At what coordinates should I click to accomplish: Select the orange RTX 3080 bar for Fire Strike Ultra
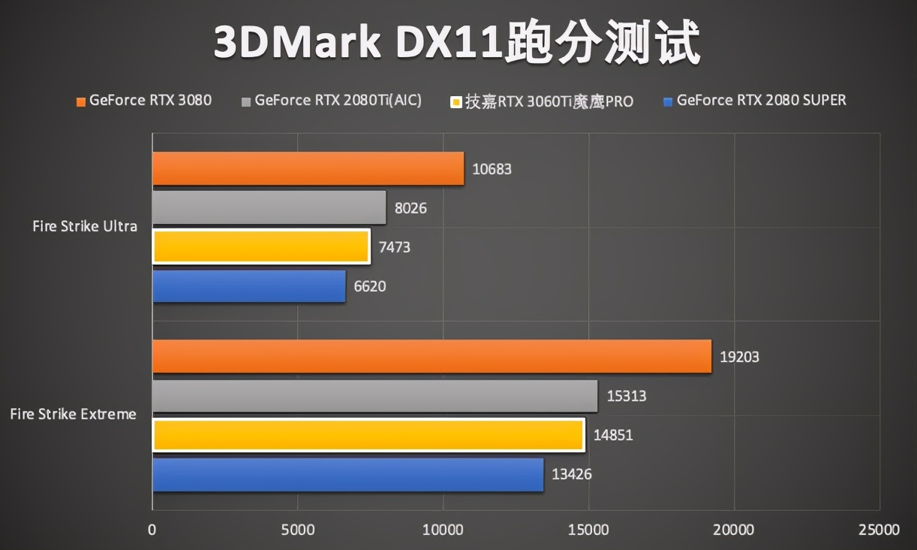[x=308, y=169]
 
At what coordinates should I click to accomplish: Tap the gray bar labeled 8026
[x=269, y=207]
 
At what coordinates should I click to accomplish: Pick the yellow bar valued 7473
[x=261, y=246]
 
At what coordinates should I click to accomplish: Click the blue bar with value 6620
[x=248, y=286]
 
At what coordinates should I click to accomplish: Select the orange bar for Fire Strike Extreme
[x=431, y=356]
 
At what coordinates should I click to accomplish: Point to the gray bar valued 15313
[x=374, y=396]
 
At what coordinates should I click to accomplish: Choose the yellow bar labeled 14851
[x=368, y=435]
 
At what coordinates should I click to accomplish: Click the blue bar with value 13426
[x=347, y=475]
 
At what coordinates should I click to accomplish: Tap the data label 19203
[x=739, y=357]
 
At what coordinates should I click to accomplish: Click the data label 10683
[x=492, y=169]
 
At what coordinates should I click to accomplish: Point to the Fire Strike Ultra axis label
[x=85, y=226]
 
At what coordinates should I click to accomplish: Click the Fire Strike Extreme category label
[x=74, y=414]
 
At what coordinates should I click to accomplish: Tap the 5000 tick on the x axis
[x=298, y=530]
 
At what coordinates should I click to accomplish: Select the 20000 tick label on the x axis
[x=734, y=530]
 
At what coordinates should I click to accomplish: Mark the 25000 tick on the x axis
[x=879, y=530]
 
